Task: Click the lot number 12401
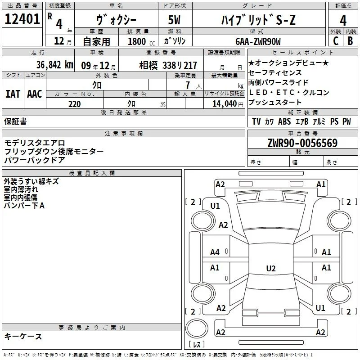(x=22, y=19)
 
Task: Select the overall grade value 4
(x=343, y=21)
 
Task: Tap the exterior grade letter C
(x=336, y=41)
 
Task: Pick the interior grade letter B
(x=351, y=41)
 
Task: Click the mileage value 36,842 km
(x=54, y=65)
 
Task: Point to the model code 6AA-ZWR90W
(x=258, y=41)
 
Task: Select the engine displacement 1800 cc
(x=141, y=41)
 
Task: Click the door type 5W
(x=174, y=20)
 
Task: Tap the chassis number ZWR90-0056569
(x=302, y=143)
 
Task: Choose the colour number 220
(x=75, y=104)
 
